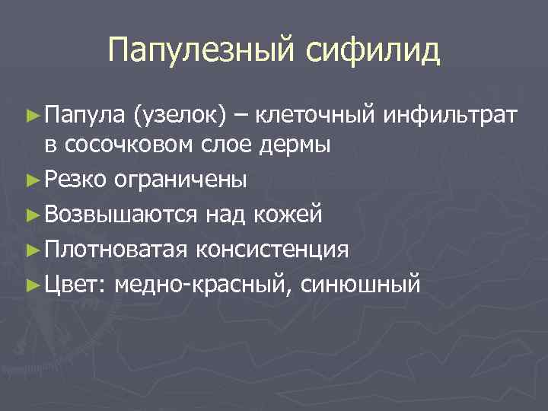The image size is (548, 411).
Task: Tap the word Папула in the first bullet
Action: point(84,116)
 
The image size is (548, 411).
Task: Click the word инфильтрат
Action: point(452,116)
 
